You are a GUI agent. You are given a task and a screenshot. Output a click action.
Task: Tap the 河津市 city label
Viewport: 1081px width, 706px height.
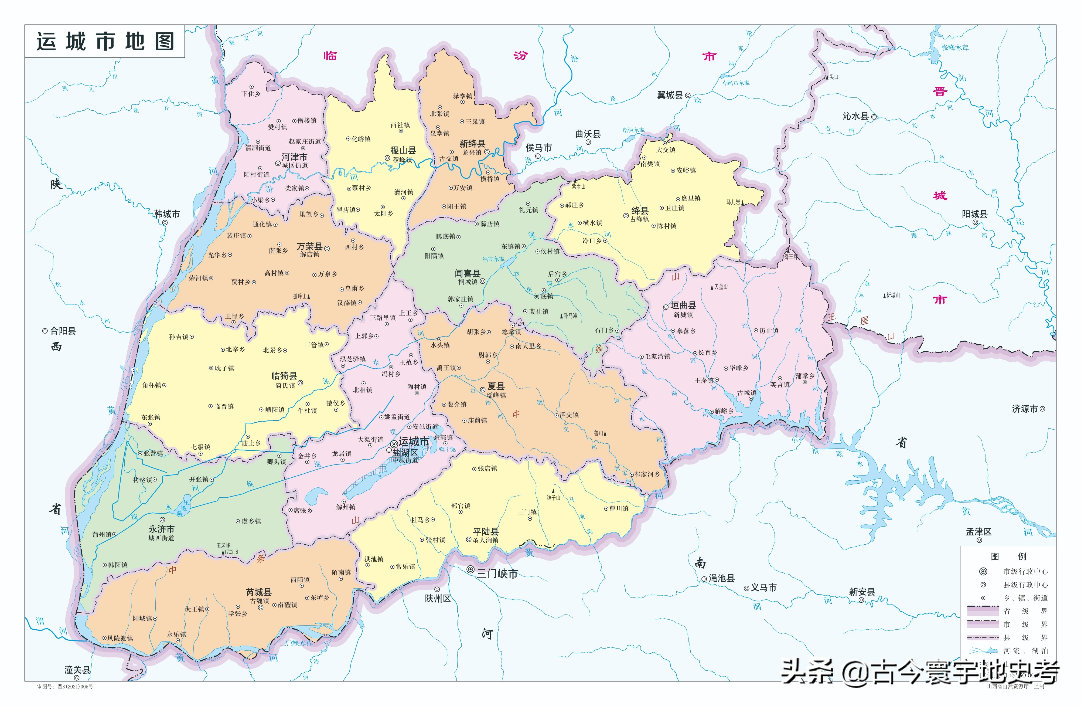pyautogui.click(x=294, y=157)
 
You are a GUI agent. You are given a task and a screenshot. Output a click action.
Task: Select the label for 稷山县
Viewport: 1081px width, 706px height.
pyautogui.click(x=403, y=150)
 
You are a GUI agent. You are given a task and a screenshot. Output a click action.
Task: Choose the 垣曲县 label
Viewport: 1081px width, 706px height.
pyautogui.click(x=683, y=305)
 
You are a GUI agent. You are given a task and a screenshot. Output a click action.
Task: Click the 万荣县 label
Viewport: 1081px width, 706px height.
pyautogui.click(x=310, y=246)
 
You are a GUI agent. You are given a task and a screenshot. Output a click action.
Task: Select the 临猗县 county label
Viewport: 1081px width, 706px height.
pyautogui.click(x=284, y=376)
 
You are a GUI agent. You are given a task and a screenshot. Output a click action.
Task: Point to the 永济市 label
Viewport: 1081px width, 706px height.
pyautogui.click(x=162, y=529)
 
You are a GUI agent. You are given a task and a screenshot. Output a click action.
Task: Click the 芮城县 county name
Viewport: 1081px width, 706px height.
pyautogui.click(x=259, y=592)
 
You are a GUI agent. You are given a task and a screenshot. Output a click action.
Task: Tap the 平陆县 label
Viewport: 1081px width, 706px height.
pyautogui.click(x=486, y=531)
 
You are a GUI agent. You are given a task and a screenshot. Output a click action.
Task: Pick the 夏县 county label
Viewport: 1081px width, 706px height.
pyautogui.click(x=496, y=386)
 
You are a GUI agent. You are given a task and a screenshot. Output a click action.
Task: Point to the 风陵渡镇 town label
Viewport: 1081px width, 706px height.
pyautogui.click(x=120, y=638)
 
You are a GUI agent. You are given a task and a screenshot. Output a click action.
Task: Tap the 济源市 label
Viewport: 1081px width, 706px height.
pyautogui.click(x=1025, y=409)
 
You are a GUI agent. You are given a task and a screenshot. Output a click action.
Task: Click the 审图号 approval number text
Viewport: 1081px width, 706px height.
pyautogui.click(x=65, y=687)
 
